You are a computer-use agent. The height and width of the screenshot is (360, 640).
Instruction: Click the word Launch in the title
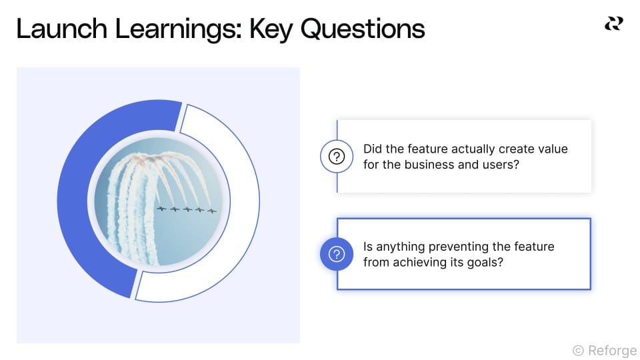pos(62,29)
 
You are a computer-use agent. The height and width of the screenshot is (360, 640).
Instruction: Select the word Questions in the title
pos(363,29)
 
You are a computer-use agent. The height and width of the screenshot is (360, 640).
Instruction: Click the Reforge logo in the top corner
pos(613,24)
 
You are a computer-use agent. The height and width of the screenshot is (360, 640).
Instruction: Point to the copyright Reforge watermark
pos(605,350)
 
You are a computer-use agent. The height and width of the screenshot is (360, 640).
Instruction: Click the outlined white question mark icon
pos(337,156)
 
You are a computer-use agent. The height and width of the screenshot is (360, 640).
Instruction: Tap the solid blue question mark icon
pos(337,254)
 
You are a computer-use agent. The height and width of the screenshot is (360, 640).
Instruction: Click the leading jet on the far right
pos(211,211)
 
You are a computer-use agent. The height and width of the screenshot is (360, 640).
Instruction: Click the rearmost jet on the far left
pos(161,209)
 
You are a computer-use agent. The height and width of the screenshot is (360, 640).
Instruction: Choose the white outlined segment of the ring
pos(244,200)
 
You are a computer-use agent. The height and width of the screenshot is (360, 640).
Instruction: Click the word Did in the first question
pos(373,149)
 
